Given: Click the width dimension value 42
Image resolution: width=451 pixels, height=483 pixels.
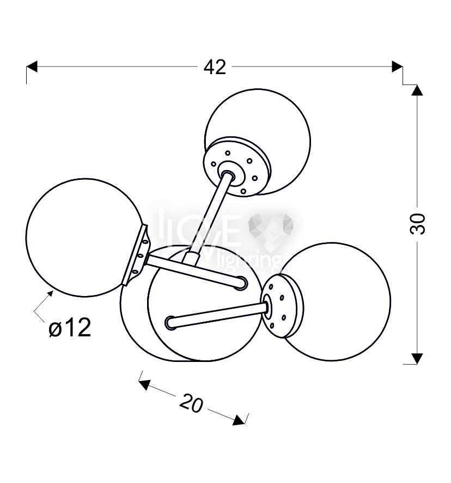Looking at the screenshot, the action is pyautogui.click(x=215, y=67).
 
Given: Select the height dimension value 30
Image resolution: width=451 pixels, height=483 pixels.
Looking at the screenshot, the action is pyautogui.click(x=418, y=224).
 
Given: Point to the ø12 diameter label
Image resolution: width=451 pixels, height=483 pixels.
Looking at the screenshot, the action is pyautogui.click(x=70, y=328).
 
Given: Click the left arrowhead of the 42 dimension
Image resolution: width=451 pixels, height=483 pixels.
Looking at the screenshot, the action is pyautogui.click(x=32, y=67).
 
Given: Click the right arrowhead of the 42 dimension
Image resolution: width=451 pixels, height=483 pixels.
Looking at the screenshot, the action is pyautogui.click(x=397, y=67).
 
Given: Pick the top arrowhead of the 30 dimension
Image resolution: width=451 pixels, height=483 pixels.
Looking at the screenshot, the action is pyautogui.click(x=417, y=89).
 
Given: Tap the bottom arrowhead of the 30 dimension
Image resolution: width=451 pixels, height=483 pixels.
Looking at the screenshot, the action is pyautogui.click(x=417, y=359).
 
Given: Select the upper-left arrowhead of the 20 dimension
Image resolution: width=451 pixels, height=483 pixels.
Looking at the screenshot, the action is pyautogui.click(x=144, y=385).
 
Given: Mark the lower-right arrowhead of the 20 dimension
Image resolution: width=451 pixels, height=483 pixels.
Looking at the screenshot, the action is pyautogui.click(x=239, y=420).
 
